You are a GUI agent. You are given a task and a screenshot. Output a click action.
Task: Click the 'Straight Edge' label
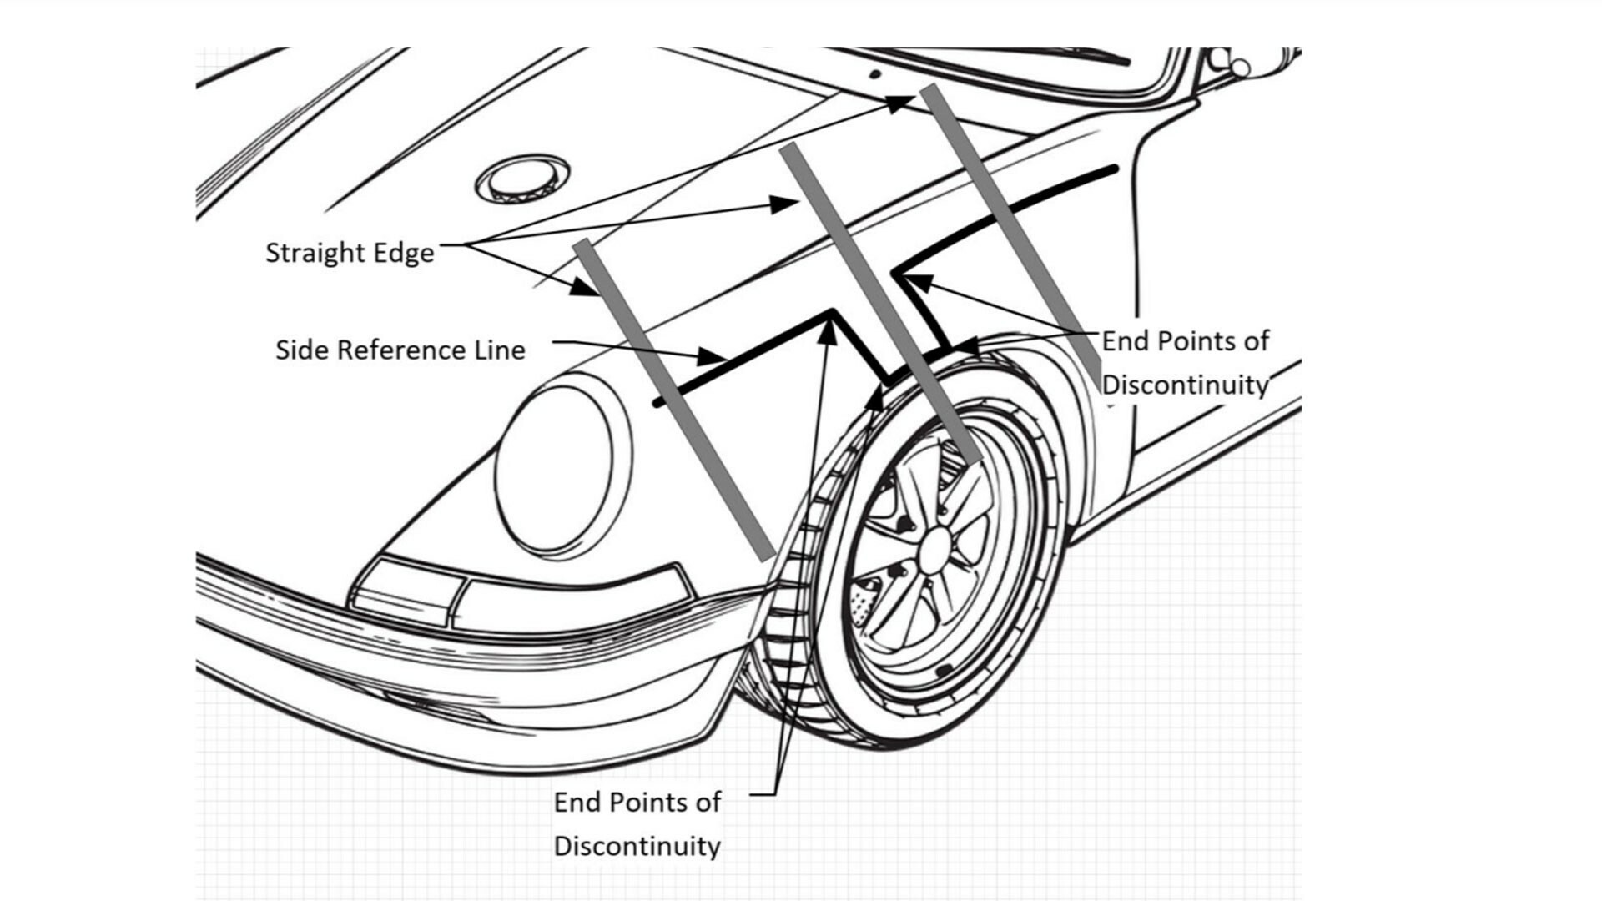350,253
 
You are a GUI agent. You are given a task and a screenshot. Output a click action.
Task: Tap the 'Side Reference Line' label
400,350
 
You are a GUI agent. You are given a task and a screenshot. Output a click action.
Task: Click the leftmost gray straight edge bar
674,400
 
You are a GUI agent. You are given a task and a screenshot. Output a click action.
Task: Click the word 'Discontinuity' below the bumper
637,846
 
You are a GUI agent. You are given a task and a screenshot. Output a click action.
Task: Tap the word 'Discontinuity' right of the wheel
1185,385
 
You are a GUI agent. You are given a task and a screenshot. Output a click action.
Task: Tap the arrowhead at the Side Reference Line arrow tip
713,357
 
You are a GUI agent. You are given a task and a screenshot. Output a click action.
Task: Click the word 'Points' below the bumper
649,802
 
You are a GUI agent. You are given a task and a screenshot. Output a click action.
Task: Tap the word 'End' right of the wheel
1123,341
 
